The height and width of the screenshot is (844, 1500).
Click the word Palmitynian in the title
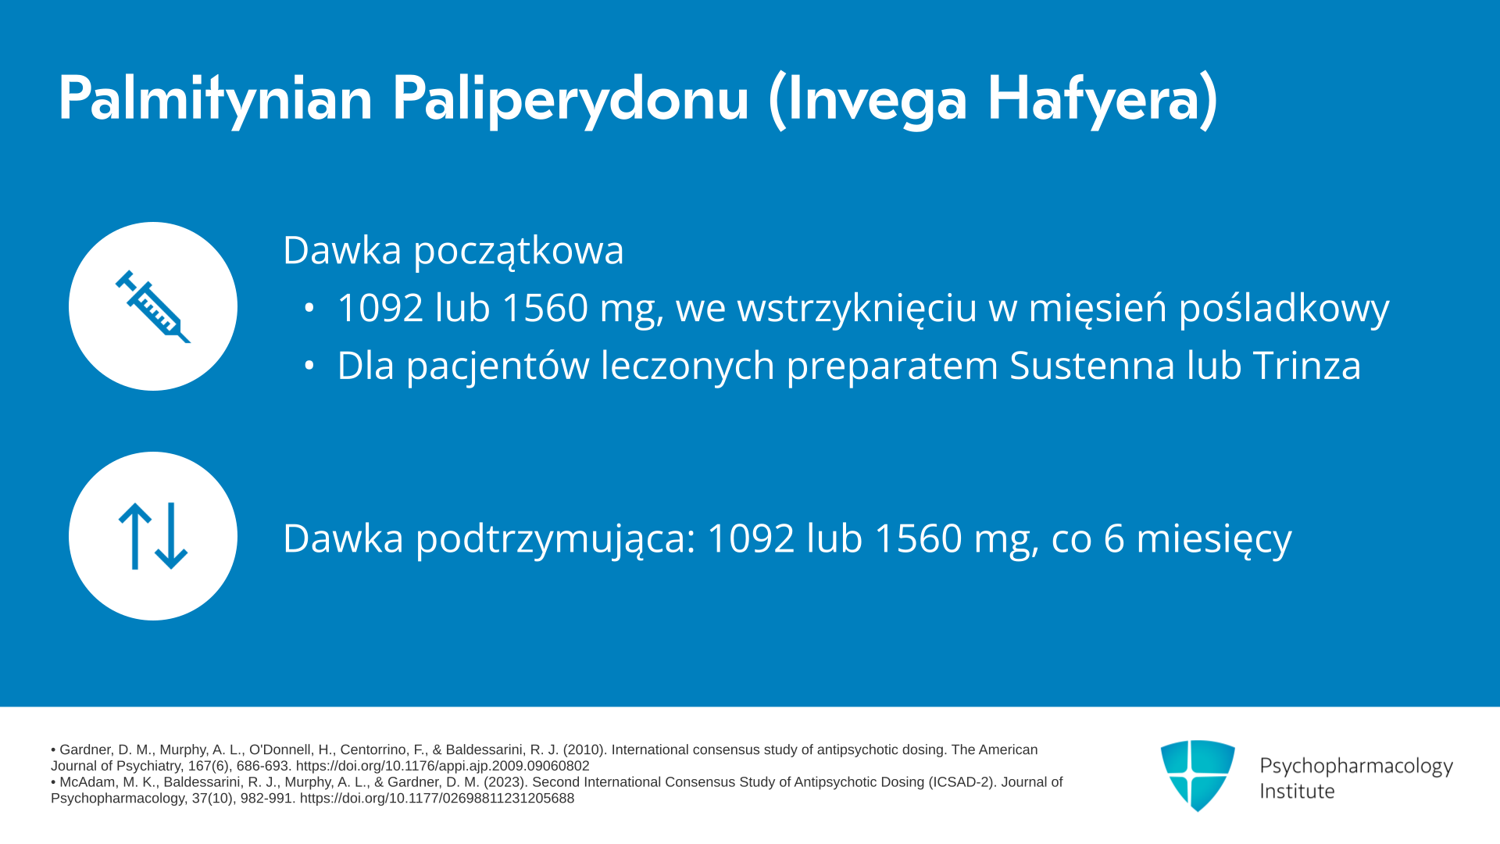pos(216,99)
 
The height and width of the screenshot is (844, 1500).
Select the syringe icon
pos(153,306)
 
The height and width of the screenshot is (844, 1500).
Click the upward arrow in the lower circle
pos(135,536)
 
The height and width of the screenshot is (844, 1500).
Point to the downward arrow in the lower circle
pos(171,536)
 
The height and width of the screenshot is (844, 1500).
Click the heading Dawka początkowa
pos(453,251)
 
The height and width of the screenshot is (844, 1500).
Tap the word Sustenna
pos(1092,365)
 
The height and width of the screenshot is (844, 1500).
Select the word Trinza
pos(1307,365)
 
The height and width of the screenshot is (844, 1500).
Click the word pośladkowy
pos(1284,308)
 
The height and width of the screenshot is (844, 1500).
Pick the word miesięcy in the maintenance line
pos(1214,539)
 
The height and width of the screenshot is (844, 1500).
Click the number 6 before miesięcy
pos(1114,538)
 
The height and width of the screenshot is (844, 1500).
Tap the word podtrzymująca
pos(555,539)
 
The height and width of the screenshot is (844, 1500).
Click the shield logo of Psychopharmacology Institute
pos(1198,775)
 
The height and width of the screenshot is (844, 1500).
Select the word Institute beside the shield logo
pos(1297,792)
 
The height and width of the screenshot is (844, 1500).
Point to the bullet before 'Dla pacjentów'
pos(309,365)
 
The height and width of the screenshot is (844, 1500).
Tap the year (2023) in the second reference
pos(505,782)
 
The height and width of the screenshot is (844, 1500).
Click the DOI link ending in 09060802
pos(442,767)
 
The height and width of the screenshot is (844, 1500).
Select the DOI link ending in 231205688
pos(437,799)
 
